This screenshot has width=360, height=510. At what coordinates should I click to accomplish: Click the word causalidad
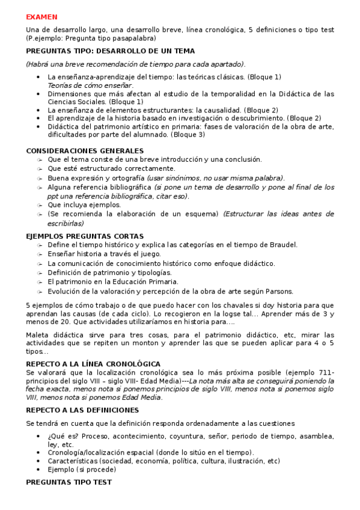224,110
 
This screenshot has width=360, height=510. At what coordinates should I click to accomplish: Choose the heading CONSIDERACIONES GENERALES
85,150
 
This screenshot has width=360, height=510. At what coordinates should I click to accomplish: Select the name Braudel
284,245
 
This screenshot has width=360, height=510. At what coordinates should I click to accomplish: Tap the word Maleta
37,334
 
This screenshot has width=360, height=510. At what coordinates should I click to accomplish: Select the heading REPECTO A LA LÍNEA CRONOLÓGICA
93,364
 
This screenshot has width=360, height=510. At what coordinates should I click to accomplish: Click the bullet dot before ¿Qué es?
38,435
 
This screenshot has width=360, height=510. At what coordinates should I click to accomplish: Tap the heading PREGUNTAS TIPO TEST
69,482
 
